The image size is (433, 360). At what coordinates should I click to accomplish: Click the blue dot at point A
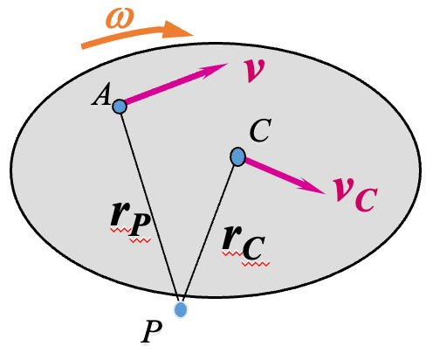pos(120,106)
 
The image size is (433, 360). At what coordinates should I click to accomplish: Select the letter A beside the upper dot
pos(100,98)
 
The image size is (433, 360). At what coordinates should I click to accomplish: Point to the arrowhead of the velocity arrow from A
pos(221,68)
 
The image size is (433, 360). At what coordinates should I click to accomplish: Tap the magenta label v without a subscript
pos(254,70)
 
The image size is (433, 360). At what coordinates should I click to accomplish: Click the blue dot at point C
pos(237,156)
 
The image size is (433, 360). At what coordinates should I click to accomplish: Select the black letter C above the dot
pos(259,132)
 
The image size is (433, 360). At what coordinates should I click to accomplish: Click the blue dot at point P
pos(181,309)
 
